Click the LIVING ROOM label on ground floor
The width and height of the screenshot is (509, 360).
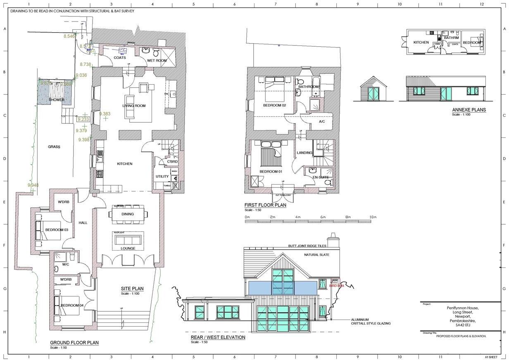point(134,106)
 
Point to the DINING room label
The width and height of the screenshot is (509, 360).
point(128,214)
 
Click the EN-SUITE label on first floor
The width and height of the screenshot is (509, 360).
point(321,177)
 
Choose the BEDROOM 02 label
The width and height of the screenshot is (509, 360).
point(275,105)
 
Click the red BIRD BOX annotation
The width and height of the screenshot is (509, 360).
point(336,286)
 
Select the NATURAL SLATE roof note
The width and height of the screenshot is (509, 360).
point(317,255)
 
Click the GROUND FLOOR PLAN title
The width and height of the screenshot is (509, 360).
point(74,343)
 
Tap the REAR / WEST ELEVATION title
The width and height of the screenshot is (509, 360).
point(218,337)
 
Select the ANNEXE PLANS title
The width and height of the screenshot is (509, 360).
point(469,110)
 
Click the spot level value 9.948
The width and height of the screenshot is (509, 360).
point(33,185)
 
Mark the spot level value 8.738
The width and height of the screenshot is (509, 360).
point(86,64)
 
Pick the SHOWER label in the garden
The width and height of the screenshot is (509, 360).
point(56,100)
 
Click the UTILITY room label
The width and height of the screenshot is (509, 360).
point(162,176)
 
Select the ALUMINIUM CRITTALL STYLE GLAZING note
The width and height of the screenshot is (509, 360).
point(371,322)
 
